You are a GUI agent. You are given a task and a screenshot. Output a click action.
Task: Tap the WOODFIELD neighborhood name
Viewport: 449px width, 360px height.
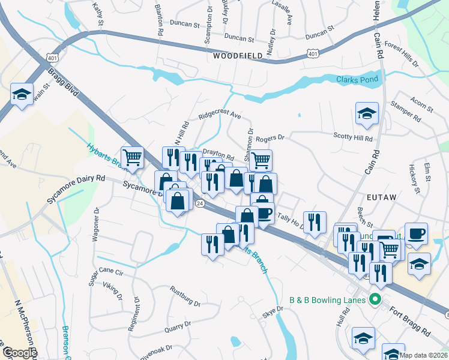[238, 56]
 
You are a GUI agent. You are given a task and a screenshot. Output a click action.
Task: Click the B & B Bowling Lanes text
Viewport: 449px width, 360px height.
[327, 299]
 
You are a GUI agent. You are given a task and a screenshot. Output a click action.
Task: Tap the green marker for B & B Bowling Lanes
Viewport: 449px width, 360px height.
[376, 299]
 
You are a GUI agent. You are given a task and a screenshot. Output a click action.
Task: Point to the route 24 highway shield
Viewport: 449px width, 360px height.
[199, 205]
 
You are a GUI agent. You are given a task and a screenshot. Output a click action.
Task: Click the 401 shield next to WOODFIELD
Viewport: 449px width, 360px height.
[313, 54]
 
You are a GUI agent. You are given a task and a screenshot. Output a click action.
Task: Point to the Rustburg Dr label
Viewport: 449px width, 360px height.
[185, 299]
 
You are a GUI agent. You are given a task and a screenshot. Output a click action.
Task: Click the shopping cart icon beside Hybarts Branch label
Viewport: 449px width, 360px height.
[132, 157]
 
